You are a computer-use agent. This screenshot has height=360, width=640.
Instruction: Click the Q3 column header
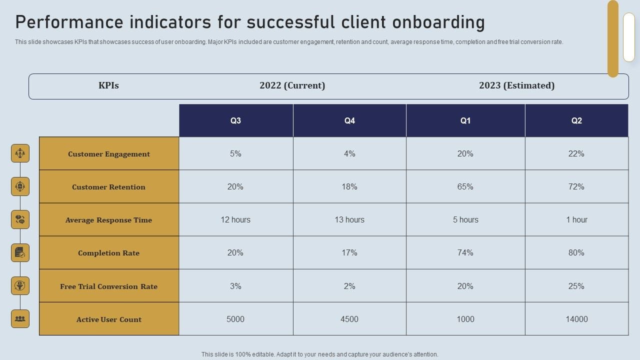[235, 120]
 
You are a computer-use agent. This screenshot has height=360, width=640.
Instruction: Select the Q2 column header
[576, 120]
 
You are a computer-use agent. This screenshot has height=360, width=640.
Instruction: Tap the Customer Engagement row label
[109, 154]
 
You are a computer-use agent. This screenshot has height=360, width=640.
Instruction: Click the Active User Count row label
[109, 319]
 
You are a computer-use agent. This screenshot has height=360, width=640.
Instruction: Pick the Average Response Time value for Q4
[349, 219]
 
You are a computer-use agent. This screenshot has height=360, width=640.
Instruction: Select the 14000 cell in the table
[576, 319]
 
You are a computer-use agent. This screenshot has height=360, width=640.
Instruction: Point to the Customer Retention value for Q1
[465, 186]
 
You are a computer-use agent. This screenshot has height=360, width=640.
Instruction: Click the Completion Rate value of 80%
[576, 253]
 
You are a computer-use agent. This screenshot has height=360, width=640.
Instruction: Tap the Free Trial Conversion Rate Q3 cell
[235, 286]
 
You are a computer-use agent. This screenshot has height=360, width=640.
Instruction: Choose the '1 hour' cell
[576, 219]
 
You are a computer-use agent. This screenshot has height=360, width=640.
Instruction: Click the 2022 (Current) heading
[292, 85]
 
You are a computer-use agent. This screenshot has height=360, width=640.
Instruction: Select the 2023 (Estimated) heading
[516, 85]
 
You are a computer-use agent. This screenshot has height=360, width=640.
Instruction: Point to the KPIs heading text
[108, 85]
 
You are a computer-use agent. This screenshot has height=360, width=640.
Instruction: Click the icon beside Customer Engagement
[20, 153]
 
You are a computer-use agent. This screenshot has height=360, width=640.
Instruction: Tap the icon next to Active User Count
[20, 318]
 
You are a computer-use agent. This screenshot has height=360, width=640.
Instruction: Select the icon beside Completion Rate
[20, 252]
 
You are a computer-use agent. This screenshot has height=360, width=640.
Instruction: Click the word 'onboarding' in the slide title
[438, 22]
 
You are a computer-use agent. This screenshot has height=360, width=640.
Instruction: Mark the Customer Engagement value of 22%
[576, 153]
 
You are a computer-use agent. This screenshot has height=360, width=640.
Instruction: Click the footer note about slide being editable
[320, 354]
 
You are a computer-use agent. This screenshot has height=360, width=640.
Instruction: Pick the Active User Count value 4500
[349, 319]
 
